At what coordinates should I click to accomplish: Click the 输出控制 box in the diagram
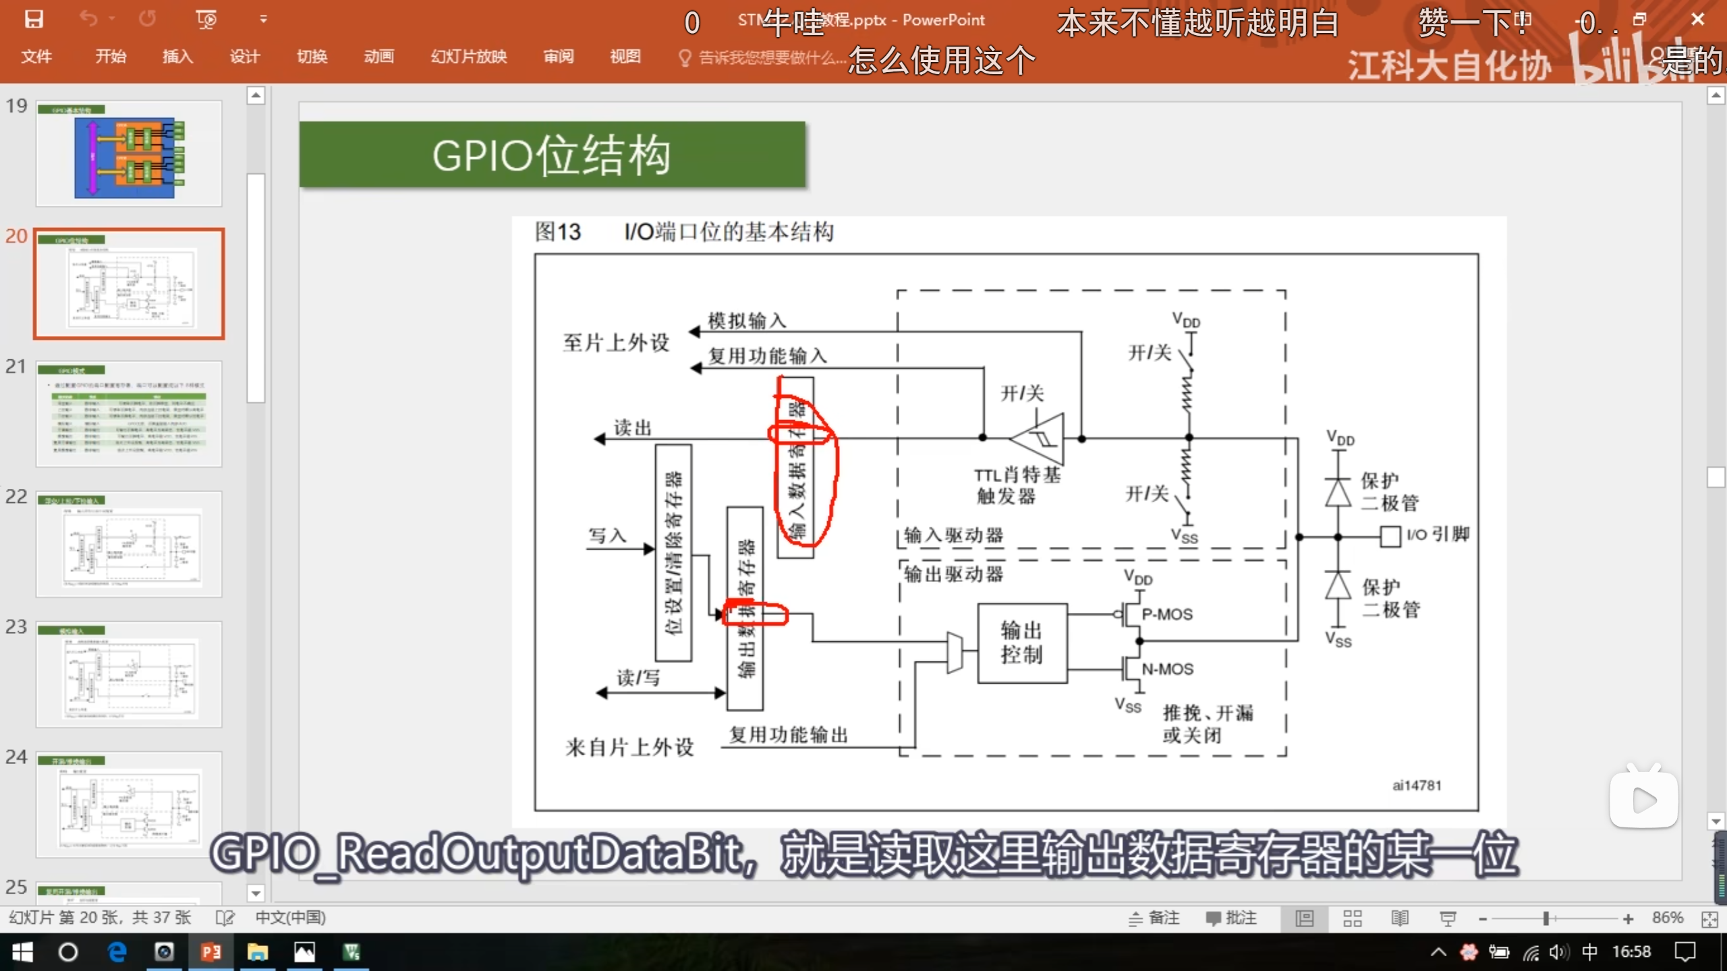pyautogui.click(x=1021, y=643)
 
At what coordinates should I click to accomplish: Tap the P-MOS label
pyautogui.click(x=1167, y=614)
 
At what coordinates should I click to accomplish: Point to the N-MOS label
pyautogui.click(x=1167, y=669)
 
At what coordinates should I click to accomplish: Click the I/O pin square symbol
pyautogui.click(x=1390, y=537)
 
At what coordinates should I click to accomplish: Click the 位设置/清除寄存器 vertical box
pyautogui.click(x=673, y=552)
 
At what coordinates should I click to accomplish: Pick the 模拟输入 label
pyautogui.click(x=747, y=320)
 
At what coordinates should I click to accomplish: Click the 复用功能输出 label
pyautogui.click(x=788, y=734)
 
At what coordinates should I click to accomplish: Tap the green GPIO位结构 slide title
pyautogui.click(x=552, y=155)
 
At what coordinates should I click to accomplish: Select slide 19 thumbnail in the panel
pyautogui.click(x=129, y=154)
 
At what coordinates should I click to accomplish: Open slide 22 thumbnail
pyautogui.click(x=129, y=544)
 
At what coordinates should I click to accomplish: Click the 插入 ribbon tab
pyautogui.click(x=177, y=57)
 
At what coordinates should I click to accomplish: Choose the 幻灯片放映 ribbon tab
pyautogui.click(x=469, y=57)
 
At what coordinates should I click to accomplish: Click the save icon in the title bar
pyautogui.click(x=34, y=19)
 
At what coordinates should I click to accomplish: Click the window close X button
pyautogui.click(x=1697, y=20)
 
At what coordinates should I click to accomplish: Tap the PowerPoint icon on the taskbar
pyautogui.click(x=211, y=951)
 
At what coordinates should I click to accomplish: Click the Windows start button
pyautogui.click(x=22, y=951)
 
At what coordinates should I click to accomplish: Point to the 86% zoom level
pyautogui.click(x=1668, y=918)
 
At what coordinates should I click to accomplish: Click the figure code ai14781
pyautogui.click(x=1417, y=786)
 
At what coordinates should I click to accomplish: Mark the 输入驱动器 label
pyautogui.click(x=953, y=535)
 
